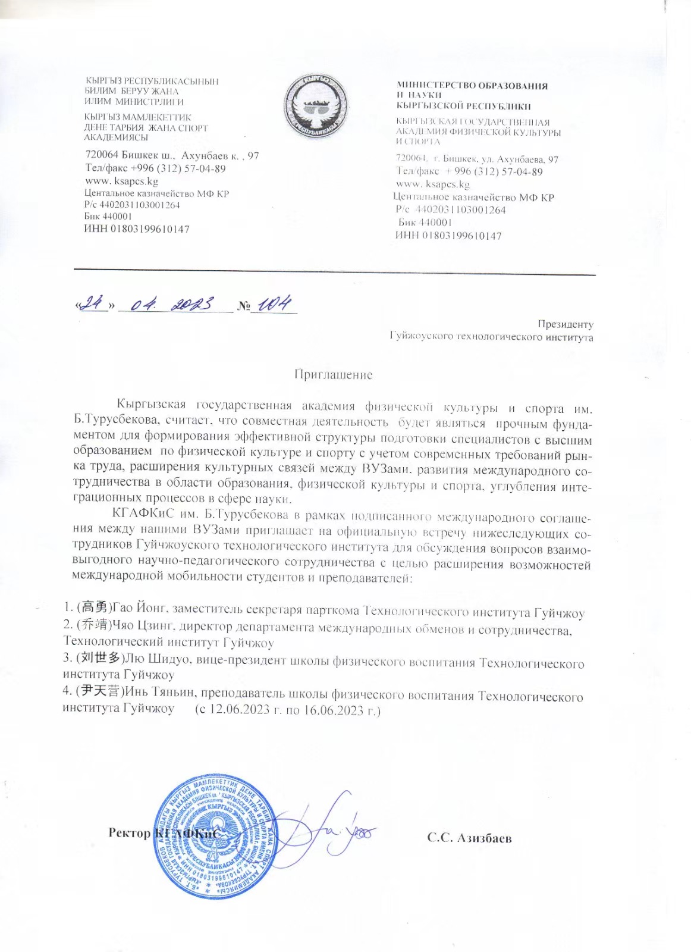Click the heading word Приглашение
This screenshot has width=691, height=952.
click(334, 375)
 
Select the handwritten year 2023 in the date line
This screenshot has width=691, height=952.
click(192, 305)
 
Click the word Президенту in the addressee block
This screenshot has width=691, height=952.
click(565, 324)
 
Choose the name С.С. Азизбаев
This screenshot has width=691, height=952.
click(469, 838)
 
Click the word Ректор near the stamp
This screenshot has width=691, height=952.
click(129, 832)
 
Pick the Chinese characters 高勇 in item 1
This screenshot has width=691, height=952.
click(94, 607)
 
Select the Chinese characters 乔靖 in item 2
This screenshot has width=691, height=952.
click(94, 625)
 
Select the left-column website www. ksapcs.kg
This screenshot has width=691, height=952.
click(121, 181)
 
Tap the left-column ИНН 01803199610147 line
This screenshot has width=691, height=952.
click(136, 228)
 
